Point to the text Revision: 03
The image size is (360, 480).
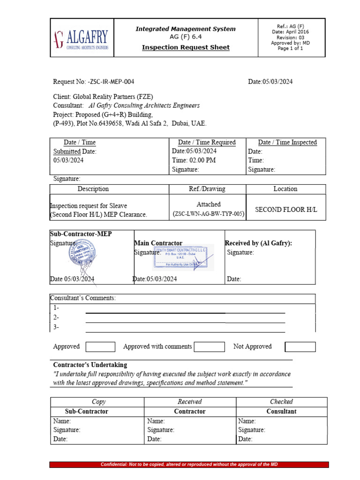290,37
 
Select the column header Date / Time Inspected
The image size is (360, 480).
287,142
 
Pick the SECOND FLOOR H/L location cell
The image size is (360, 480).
285,210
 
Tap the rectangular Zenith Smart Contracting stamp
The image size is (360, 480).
183,256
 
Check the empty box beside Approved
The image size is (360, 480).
100,347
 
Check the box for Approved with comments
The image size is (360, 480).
209,347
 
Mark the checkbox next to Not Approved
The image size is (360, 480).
300,347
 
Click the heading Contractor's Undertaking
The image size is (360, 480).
90,365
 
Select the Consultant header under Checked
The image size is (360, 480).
281,412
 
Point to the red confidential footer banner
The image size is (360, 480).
189,465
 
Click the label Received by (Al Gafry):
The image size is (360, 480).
258,243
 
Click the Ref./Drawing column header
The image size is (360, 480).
207,189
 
